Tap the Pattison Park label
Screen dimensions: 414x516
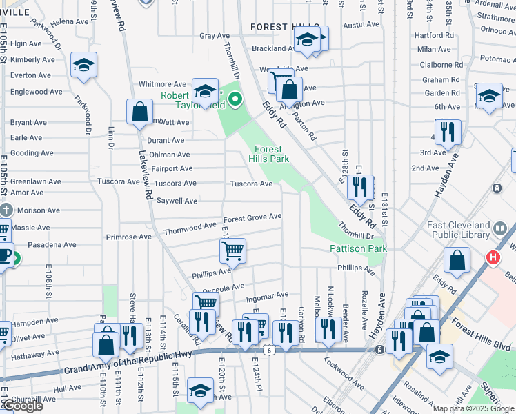click(x=358, y=248)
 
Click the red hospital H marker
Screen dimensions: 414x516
click(x=493, y=258)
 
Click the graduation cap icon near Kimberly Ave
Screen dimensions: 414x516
click(x=84, y=66)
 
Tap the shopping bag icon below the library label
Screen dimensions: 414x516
click(x=457, y=261)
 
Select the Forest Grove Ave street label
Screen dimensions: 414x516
click(x=252, y=217)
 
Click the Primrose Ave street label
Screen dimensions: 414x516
click(x=128, y=237)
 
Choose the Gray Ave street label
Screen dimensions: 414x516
click(x=214, y=36)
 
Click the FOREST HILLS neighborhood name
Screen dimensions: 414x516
click(x=277, y=27)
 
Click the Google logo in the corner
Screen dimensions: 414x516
click(x=23, y=406)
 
